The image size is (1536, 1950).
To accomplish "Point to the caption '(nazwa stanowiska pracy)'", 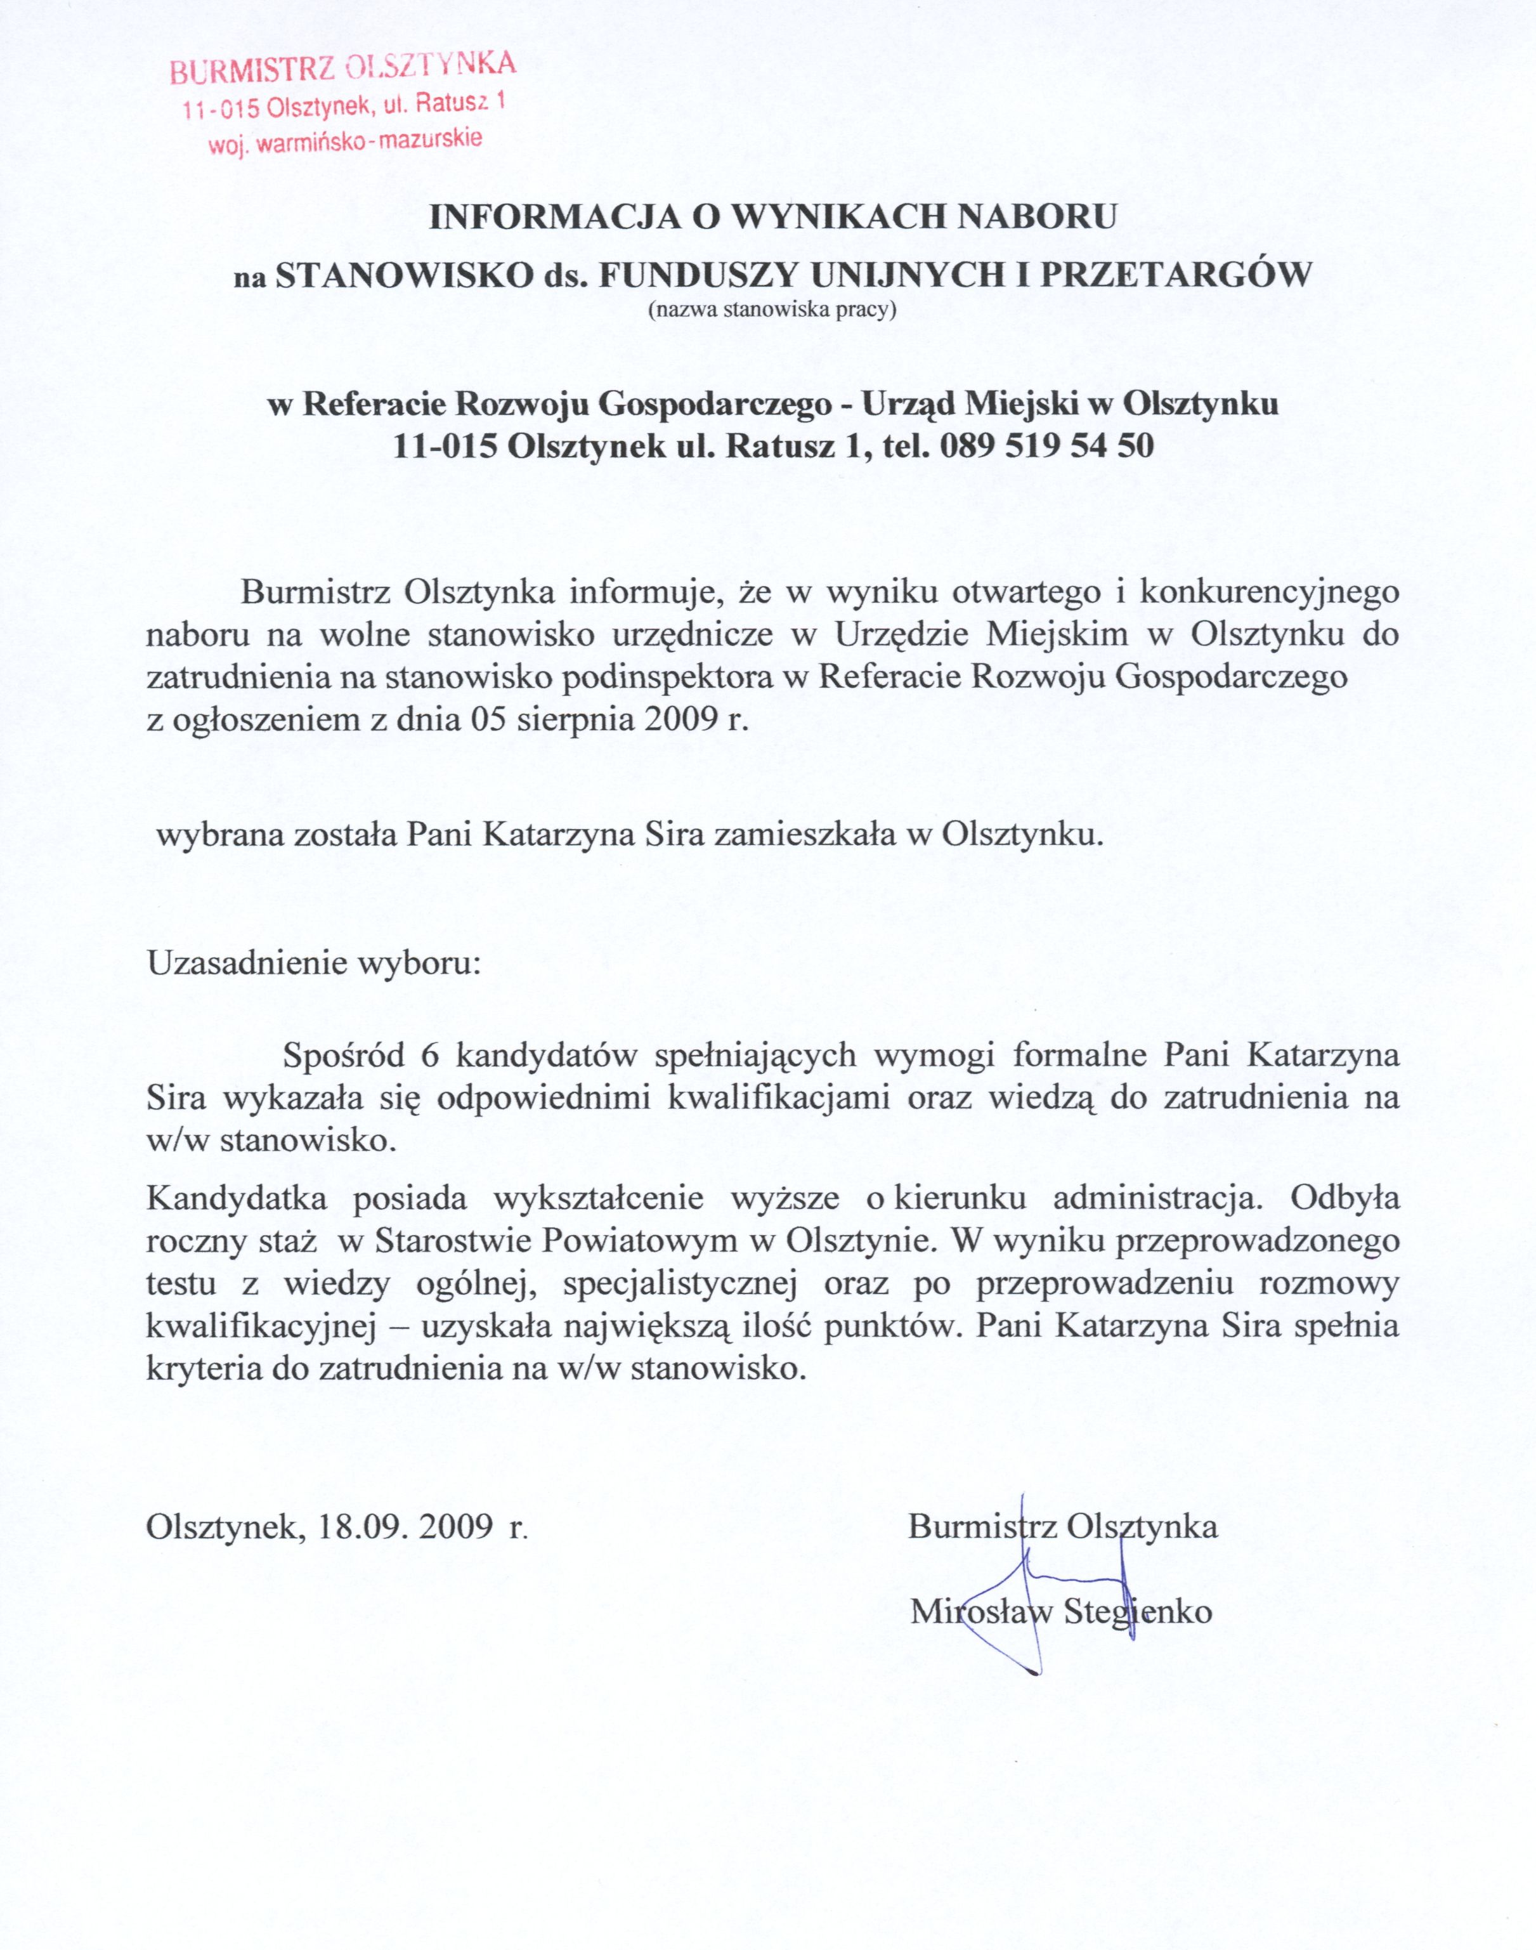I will tap(772, 311).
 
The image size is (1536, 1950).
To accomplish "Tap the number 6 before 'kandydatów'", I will tap(429, 1055).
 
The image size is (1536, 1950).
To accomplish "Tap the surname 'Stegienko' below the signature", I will tap(1138, 1611).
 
